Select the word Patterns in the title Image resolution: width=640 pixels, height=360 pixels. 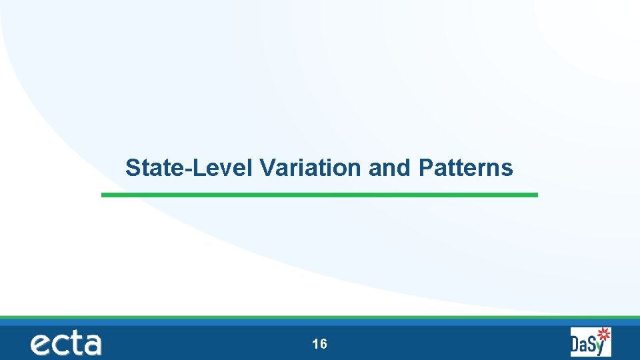[466, 168]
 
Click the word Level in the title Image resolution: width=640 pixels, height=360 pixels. [223, 168]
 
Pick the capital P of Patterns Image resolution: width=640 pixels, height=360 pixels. [425, 168]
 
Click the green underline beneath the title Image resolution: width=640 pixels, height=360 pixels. [319, 195]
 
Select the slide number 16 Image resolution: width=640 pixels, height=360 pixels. [319, 344]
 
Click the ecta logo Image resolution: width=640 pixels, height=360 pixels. [65, 343]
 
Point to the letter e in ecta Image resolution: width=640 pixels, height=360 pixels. [41, 345]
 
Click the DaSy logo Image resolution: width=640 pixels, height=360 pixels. [591, 342]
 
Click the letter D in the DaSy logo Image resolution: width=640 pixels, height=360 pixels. [577, 345]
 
